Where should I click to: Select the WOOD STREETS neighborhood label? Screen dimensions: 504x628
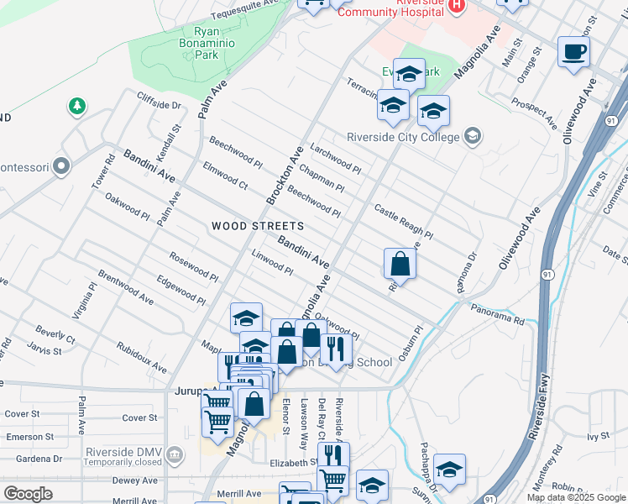pyautogui.click(x=257, y=226)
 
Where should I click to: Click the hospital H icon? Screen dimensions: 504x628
pyautogui.click(x=457, y=5)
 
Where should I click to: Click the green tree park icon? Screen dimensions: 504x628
pyautogui.click(x=76, y=106)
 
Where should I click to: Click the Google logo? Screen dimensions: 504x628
pyautogui.click(x=28, y=494)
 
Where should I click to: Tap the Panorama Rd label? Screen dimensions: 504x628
pyautogui.click(x=496, y=314)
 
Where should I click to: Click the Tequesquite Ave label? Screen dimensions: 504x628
pyautogui.click(x=243, y=12)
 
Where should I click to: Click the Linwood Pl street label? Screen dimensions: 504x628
pyautogui.click(x=272, y=265)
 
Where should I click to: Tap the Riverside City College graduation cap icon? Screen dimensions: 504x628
pyautogui.click(x=473, y=136)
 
